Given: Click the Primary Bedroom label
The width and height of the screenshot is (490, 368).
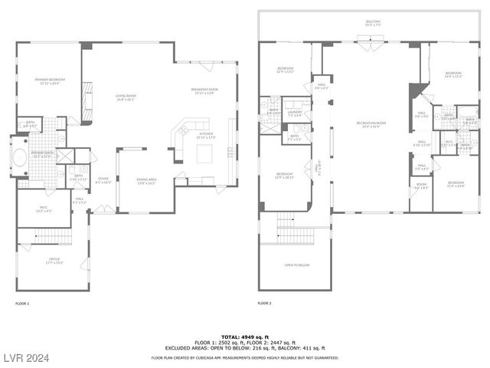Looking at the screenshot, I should coord(47,80).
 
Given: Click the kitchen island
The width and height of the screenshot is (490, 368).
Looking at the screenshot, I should coord(205,154).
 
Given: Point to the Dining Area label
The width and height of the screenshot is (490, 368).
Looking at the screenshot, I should coord(146,182).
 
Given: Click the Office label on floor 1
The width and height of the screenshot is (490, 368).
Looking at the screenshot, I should coord(54,260).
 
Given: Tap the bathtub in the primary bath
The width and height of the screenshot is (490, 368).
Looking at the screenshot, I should coord(21,159).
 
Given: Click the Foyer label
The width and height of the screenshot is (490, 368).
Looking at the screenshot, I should coord(103,182).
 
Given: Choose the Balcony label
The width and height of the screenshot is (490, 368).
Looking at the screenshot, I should coord(373,22).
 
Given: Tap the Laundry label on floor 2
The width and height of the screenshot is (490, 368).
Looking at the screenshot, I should coord(295,113).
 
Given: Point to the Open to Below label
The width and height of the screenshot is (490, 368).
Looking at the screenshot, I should coord(296,264).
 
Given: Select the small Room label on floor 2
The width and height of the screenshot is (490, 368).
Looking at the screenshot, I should coord(421,185).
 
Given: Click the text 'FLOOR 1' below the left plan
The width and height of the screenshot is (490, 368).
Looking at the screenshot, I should coord(22,304).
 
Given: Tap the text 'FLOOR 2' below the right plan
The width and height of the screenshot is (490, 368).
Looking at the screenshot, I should coord(264,304).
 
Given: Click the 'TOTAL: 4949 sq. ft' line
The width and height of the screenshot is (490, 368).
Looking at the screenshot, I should coord(243,337).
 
